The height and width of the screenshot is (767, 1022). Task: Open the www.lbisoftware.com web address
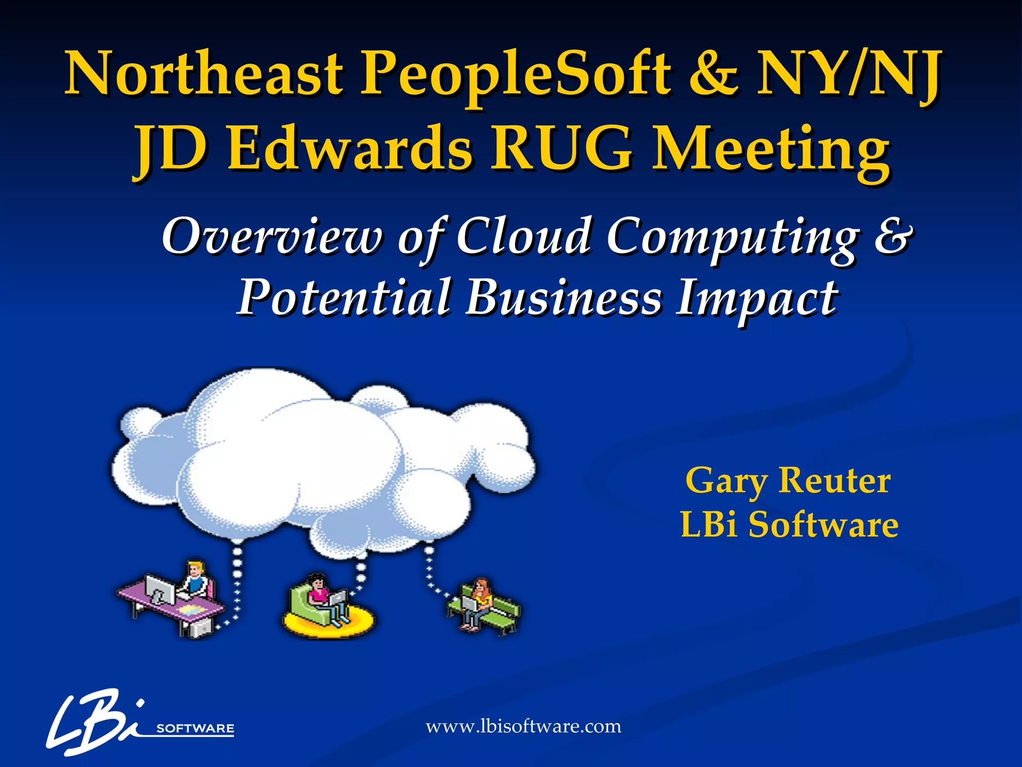523,726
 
